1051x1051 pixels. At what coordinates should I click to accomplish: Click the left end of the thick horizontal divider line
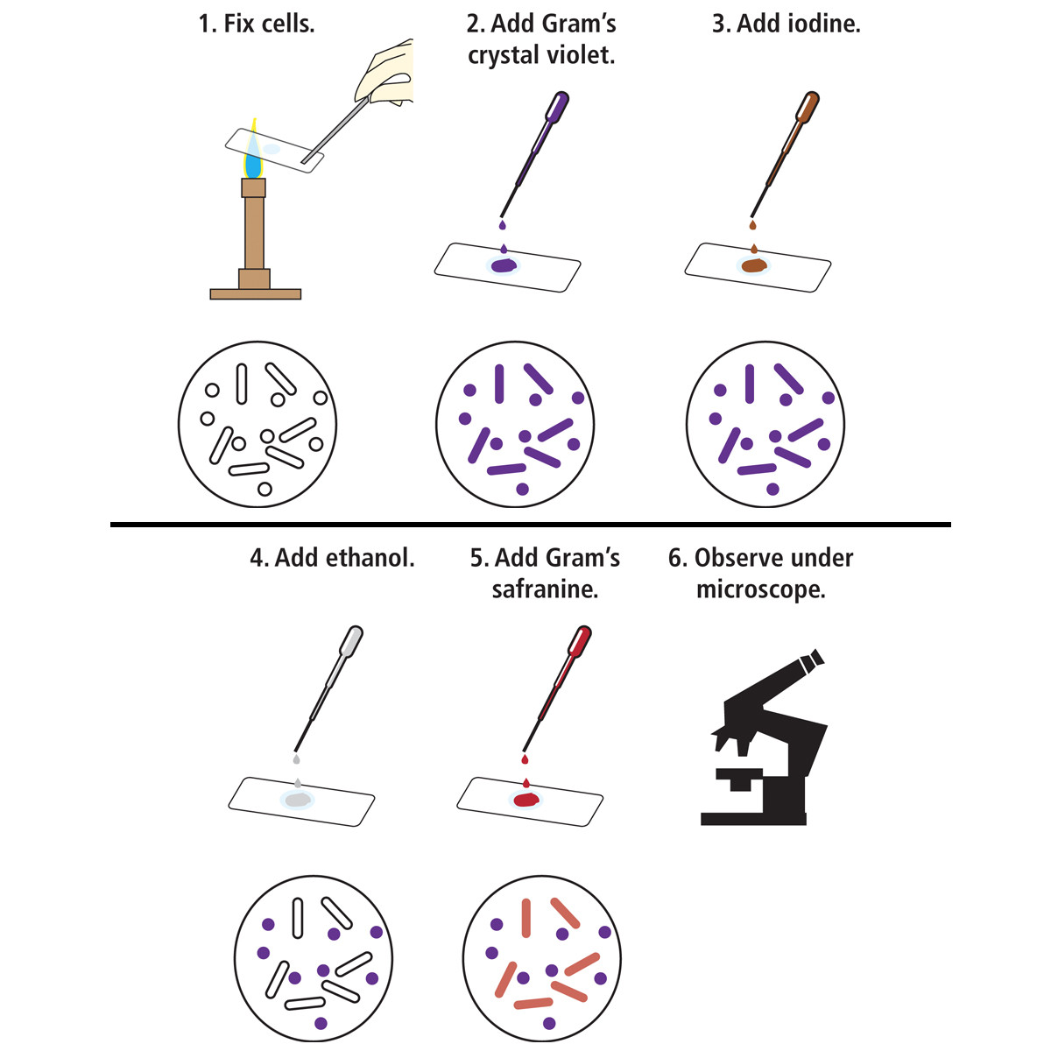pyautogui.click(x=110, y=525)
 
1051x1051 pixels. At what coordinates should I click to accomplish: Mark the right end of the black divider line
pyautogui.click(x=950, y=525)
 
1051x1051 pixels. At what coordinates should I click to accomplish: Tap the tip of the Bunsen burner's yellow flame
pyautogui.click(x=254, y=118)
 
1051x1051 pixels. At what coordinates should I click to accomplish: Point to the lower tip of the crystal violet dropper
pyautogui.click(x=501, y=217)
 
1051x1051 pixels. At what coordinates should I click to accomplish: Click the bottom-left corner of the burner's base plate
pyautogui.click(x=210, y=299)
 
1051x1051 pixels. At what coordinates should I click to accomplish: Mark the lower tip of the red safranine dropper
pyautogui.click(x=524, y=751)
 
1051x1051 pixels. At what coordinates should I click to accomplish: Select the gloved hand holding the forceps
pyautogui.click(x=385, y=73)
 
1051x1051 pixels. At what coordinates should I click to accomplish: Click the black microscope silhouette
pyautogui.click(x=764, y=737)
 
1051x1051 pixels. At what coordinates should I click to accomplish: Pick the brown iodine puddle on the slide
pyautogui.click(x=754, y=265)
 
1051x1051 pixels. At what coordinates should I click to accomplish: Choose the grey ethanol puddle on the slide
pyautogui.click(x=298, y=801)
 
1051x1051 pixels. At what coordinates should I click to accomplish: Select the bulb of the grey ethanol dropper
pyautogui.click(x=351, y=640)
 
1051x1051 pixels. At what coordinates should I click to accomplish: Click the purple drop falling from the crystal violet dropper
pyautogui.click(x=503, y=225)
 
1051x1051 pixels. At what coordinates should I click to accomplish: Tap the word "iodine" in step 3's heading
pyautogui.click(x=825, y=24)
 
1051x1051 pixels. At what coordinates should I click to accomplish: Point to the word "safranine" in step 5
pyautogui.click(x=545, y=589)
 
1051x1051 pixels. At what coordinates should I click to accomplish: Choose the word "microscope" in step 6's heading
pyautogui.click(x=761, y=590)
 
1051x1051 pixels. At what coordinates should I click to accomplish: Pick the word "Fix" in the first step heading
pyautogui.click(x=239, y=24)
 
